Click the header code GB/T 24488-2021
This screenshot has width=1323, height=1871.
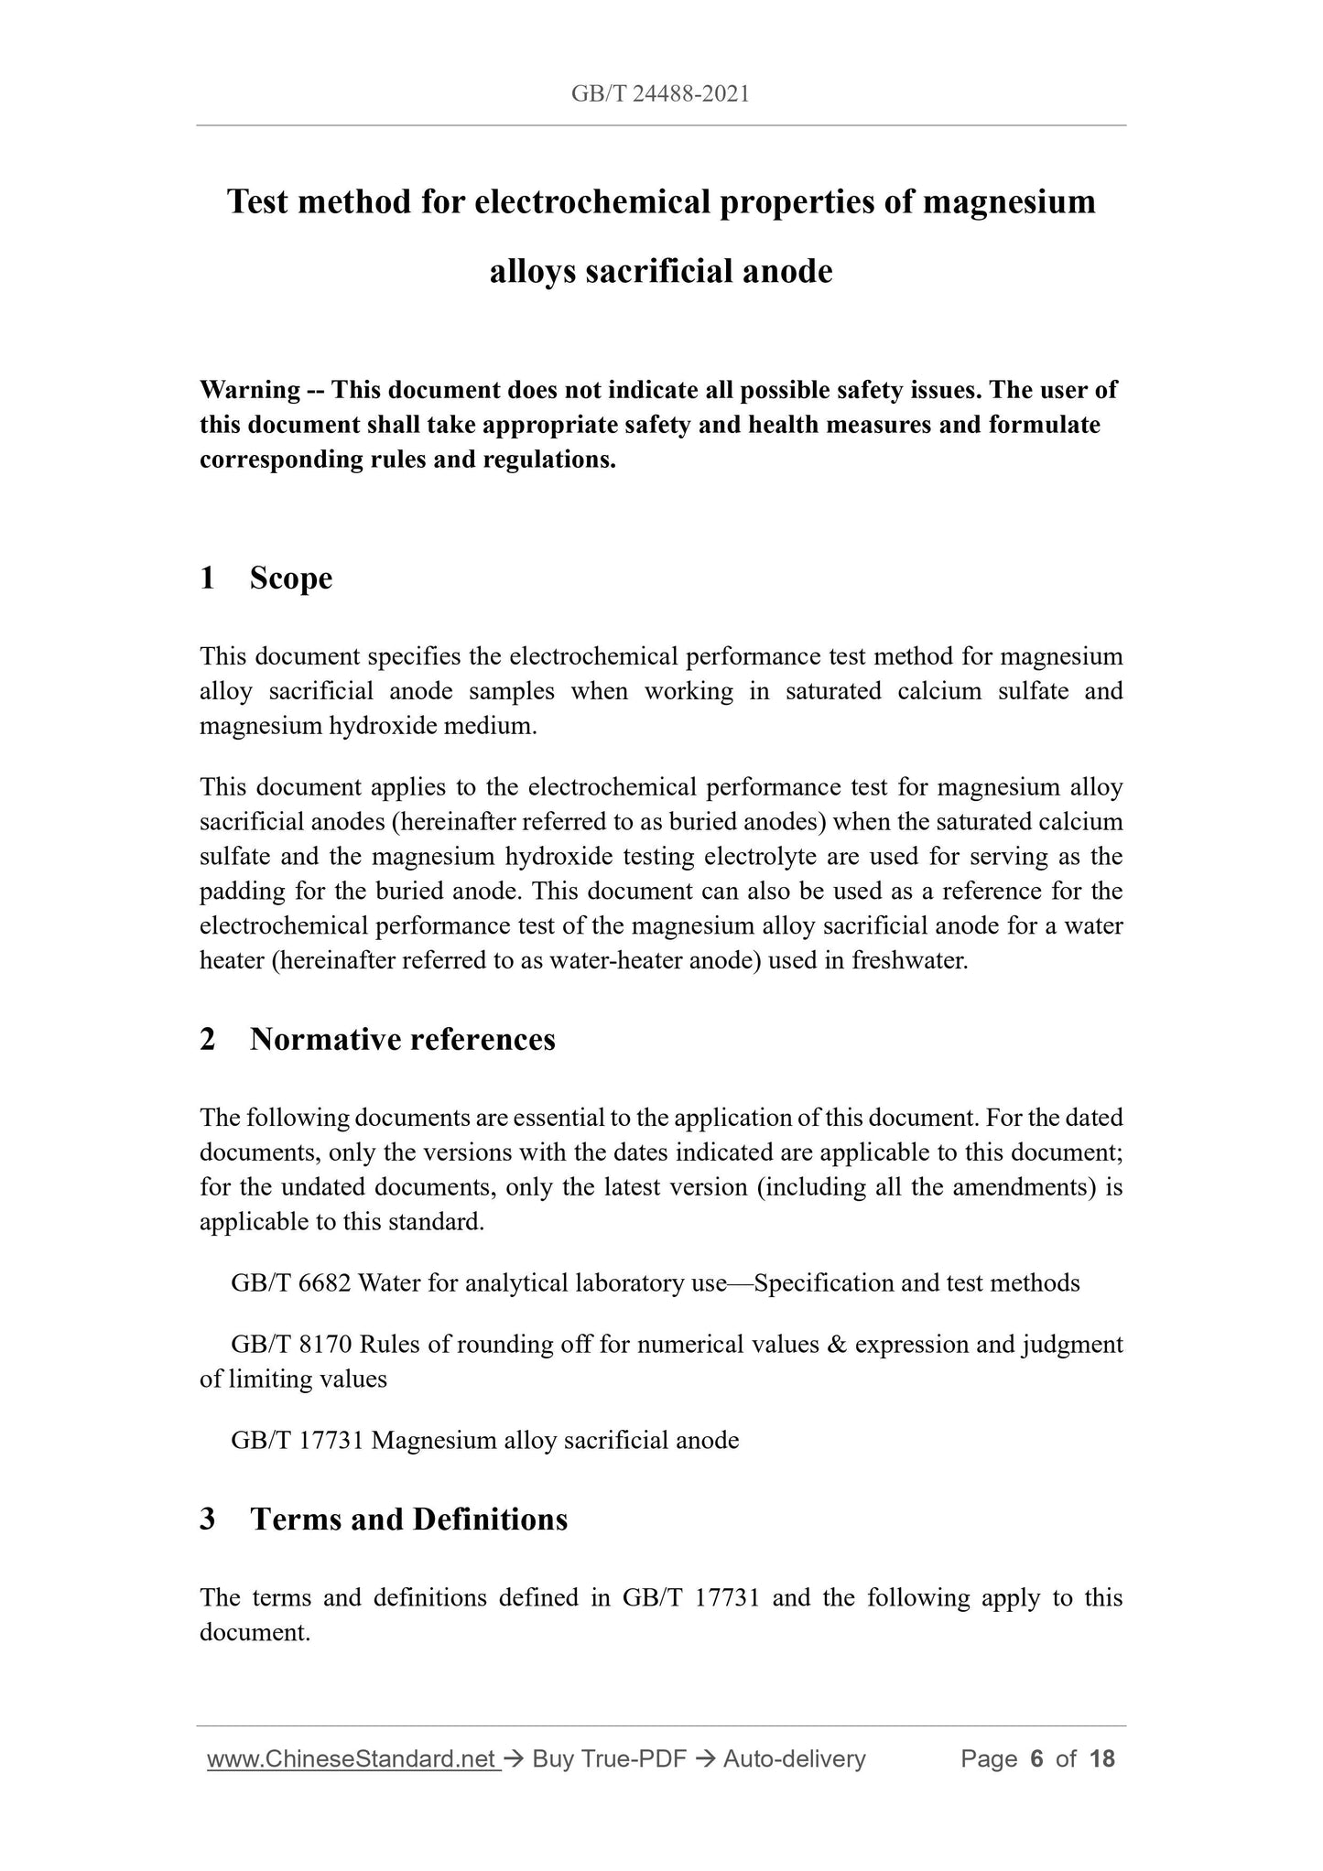pos(660,93)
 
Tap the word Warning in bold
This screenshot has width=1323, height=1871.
pos(250,390)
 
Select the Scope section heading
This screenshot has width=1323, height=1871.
pos(290,579)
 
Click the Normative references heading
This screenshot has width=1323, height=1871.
pos(402,1040)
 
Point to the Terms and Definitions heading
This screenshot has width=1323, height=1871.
pos(408,1520)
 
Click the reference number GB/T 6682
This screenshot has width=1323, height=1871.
pos(291,1283)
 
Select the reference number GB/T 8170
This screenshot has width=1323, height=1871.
pos(291,1345)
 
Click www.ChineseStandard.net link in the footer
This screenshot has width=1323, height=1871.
pos(352,1758)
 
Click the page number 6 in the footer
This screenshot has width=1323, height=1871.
pos(1036,1758)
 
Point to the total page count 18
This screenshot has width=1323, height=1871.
pos(1102,1758)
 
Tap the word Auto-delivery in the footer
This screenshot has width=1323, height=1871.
pos(794,1758)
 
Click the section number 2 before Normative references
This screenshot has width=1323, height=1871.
pos(208,1040)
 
